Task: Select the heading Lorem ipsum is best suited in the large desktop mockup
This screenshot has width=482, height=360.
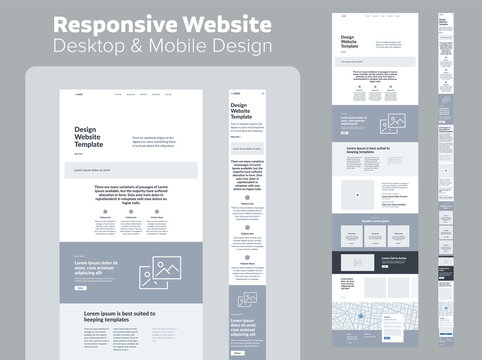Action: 125,317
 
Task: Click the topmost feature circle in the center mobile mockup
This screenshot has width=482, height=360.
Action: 246,198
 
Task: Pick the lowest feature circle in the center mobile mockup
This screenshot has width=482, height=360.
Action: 246,257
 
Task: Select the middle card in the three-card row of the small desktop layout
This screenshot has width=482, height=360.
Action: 380,236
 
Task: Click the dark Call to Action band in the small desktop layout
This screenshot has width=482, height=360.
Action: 380,262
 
